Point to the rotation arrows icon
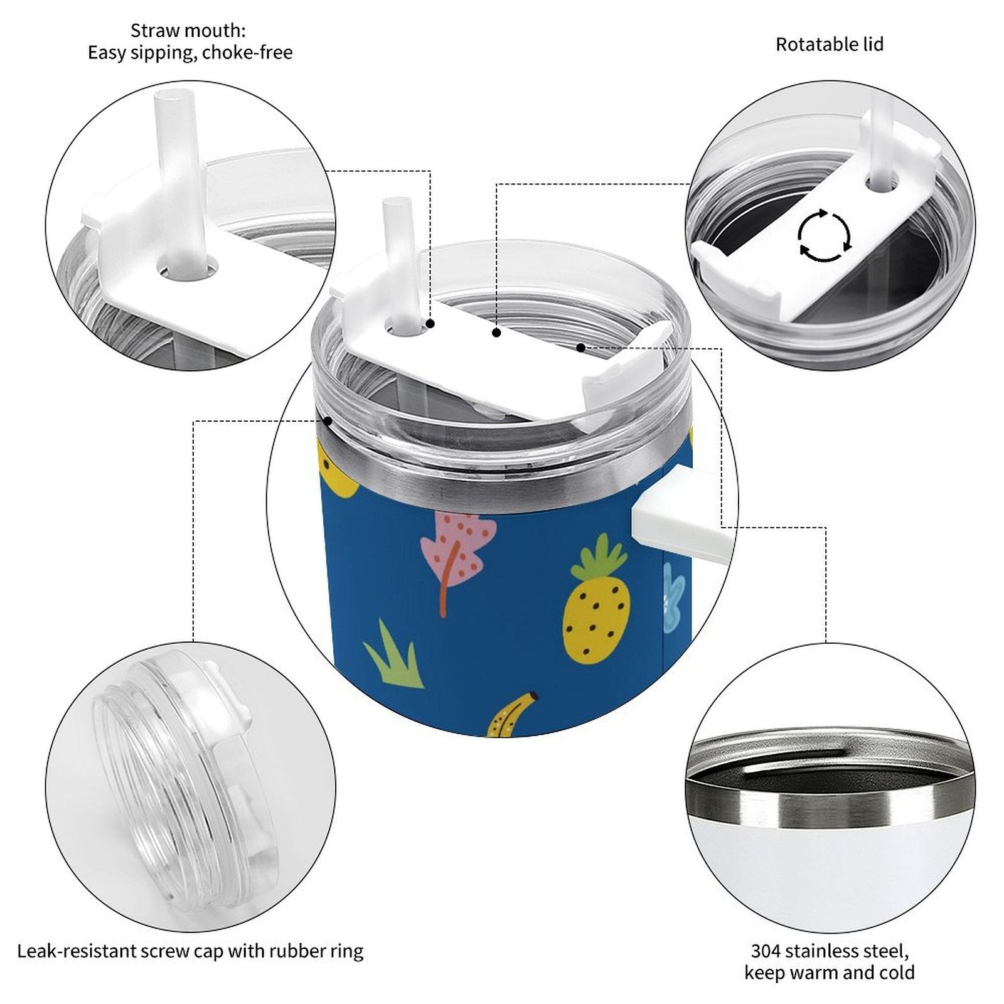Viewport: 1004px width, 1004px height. (824, 236)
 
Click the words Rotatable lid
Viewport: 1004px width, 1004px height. (829, 45)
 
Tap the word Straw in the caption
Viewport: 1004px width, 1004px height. (152, 30)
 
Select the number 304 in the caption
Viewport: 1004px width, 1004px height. (766, 951)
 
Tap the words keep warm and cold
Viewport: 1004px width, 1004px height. (829, 973)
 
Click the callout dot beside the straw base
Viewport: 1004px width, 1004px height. (431, 323)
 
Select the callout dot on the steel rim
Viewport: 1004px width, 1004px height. (327, 421)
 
